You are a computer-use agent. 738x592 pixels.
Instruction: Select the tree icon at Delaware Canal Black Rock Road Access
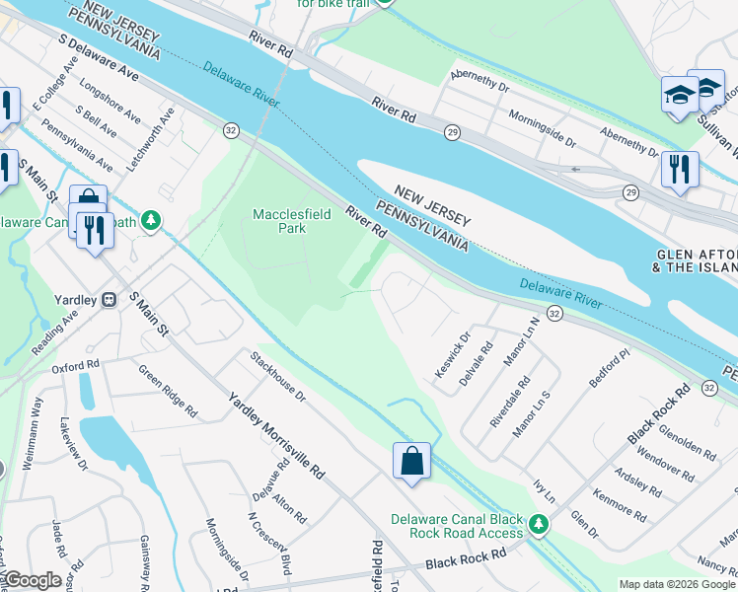538,525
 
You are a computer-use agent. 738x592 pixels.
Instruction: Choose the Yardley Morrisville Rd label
276,434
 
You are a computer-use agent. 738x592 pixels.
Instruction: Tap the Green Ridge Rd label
167,391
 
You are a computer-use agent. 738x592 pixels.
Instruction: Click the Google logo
32,580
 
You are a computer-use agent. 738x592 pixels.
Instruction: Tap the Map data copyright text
676,584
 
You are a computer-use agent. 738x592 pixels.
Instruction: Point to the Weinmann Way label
37,418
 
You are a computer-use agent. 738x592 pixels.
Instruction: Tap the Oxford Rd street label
76,366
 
